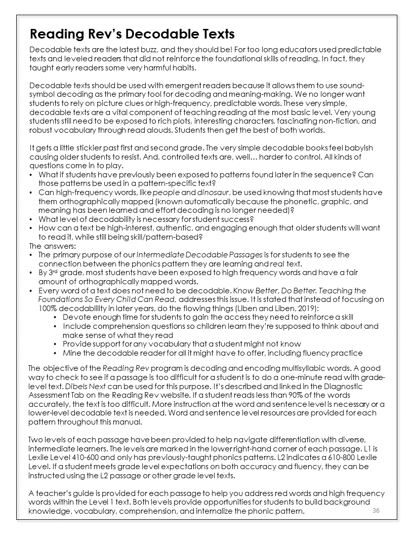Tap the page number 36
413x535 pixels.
(x=376, y=510)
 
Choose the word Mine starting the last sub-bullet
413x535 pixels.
(x=72, y=353)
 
